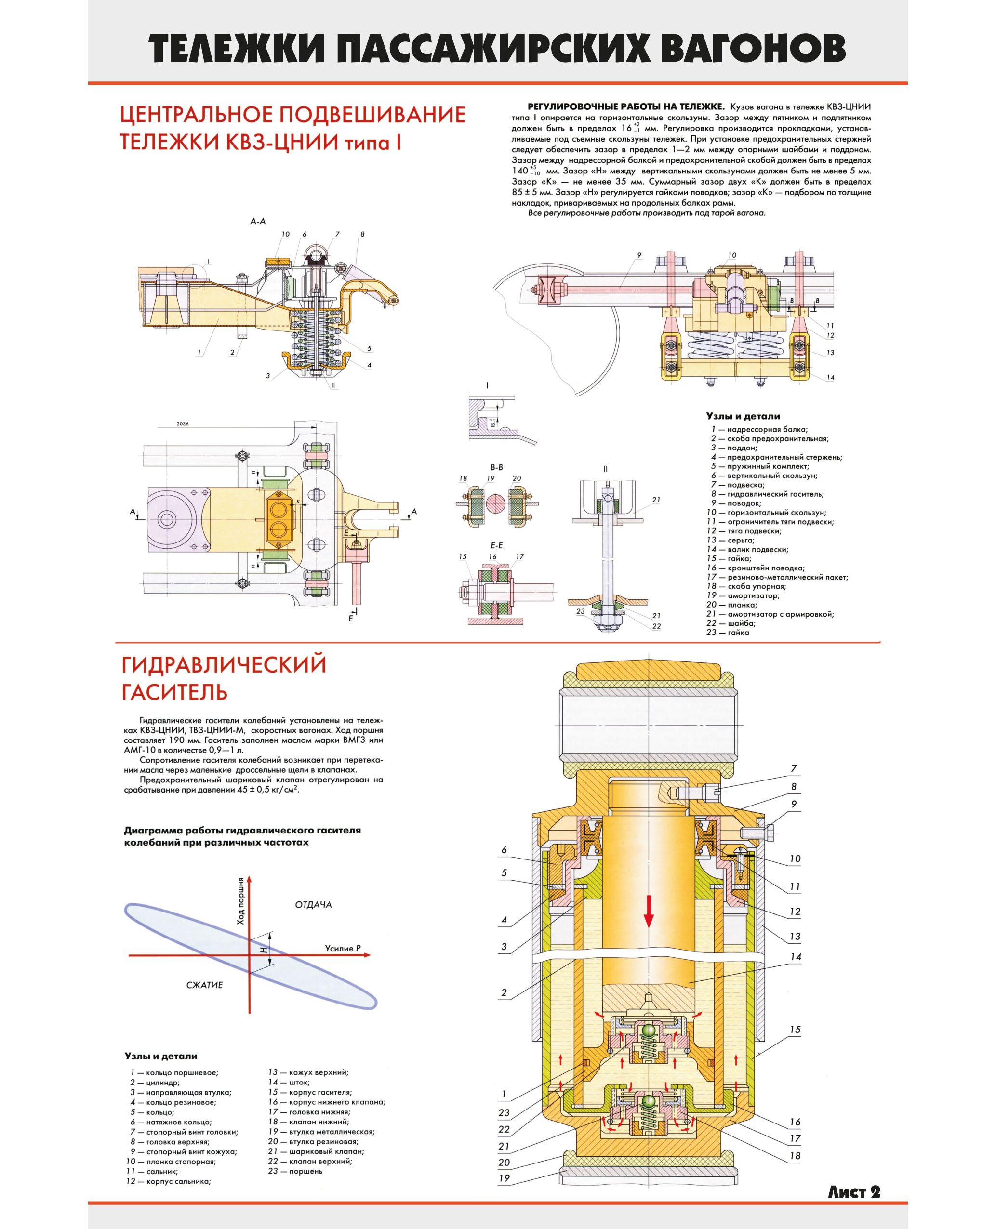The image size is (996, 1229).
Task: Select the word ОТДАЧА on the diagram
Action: coord(313,904)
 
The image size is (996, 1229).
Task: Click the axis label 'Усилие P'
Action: coord(343,948)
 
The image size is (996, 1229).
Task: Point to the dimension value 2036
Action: coord(183,424)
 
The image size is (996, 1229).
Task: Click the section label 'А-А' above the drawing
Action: coord(258,221)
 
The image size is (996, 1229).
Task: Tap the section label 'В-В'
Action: coord(496,467)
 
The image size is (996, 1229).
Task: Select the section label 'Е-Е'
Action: coord(497,545)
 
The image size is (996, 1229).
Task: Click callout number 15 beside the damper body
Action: coord(795,1030)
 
